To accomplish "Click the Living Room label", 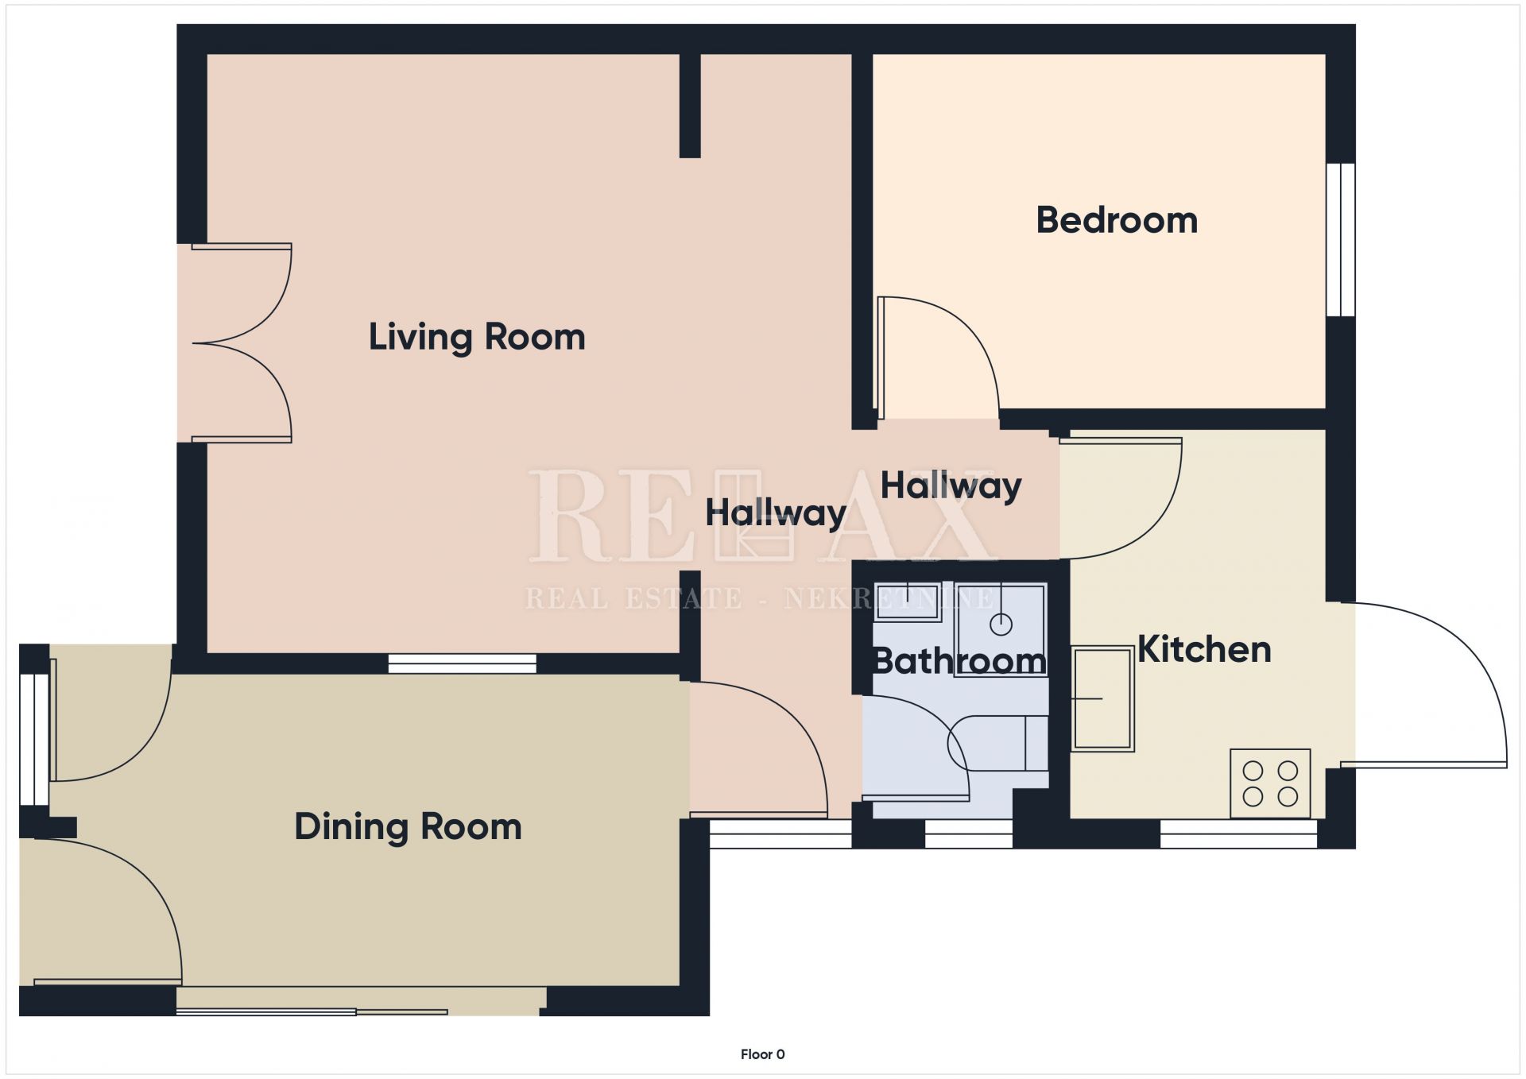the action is [477, 337].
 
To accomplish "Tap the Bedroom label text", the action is [1117, 220].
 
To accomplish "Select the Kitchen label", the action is [1204, 649].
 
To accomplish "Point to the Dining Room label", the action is [408, 826].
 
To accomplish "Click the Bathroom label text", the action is [959, 661].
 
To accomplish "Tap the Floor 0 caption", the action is [763, 1054].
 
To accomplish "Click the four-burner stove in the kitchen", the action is [1270, 783].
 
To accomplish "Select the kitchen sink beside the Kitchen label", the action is [1102, 698].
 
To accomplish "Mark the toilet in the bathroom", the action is [997, 743].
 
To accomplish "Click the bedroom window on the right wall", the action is [1341, 240].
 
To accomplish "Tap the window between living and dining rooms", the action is [462, 663].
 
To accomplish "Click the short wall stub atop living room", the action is [690, 106].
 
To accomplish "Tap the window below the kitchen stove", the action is [1238, 833].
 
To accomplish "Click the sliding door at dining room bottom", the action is [312, 1011].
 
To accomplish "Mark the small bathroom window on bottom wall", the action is [969, 833].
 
